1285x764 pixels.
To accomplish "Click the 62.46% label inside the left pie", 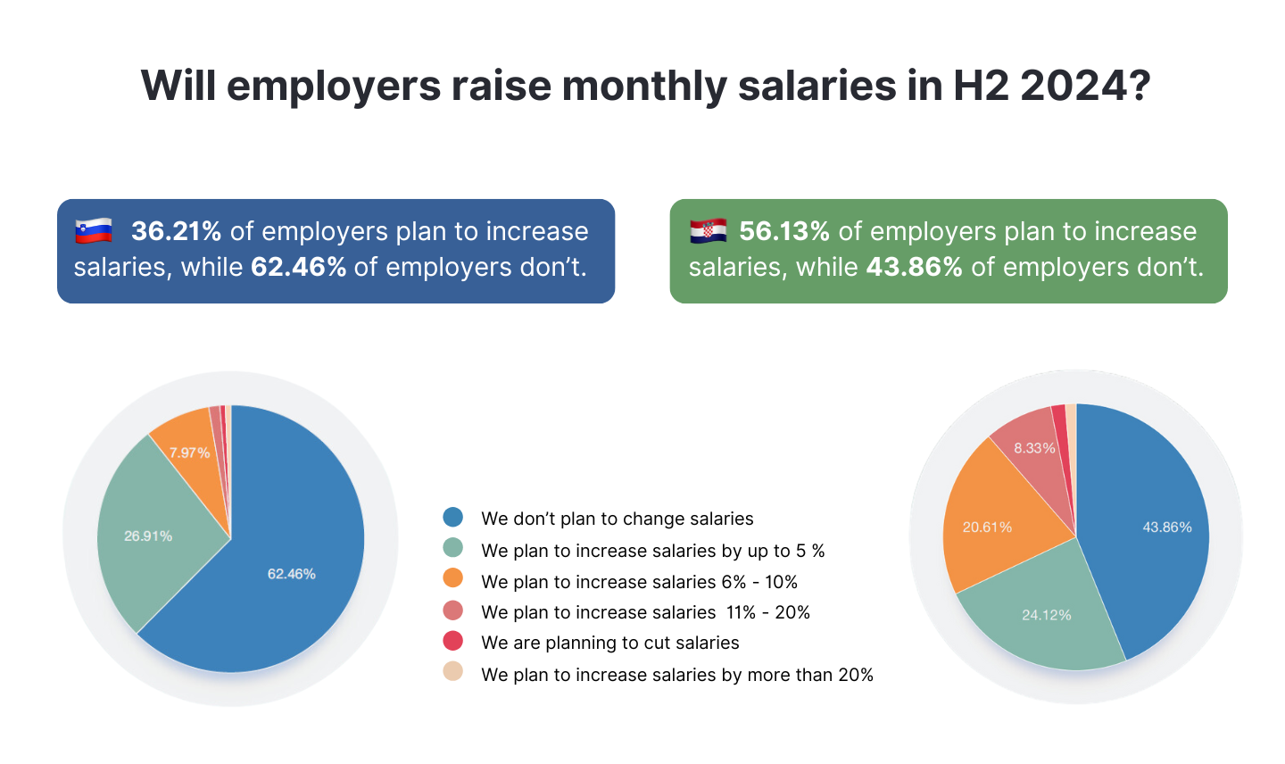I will [x=292, y=574].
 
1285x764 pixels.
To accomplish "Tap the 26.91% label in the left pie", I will [x=148, y=536].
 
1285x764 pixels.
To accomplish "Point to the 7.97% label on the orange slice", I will [x=190, y=453].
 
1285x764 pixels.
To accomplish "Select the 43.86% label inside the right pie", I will [x=1167, y=527].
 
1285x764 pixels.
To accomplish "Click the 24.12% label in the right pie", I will [x=1047, y=614].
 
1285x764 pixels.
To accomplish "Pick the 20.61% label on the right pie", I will [x=987, y=527].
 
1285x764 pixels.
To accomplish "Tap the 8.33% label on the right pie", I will [x=1034, y=448].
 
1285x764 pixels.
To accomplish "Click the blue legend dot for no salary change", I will [x=453, y=518].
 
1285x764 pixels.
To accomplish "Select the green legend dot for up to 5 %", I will [x=453, y=548].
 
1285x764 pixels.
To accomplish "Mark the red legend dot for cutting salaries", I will [x=453, y=641].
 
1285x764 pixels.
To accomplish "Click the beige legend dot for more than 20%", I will [x=453, y=672].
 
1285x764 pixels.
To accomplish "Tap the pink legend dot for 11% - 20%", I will [x=453, y=610].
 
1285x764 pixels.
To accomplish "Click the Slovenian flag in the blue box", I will [x=94, y=230].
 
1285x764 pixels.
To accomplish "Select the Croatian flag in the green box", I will [x=709, y=230].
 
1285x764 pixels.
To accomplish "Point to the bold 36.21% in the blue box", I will [x=176, y=231].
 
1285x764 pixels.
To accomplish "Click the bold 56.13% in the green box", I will [x=784, y=231].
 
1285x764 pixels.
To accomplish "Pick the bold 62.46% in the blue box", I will [x=298, y=267].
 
